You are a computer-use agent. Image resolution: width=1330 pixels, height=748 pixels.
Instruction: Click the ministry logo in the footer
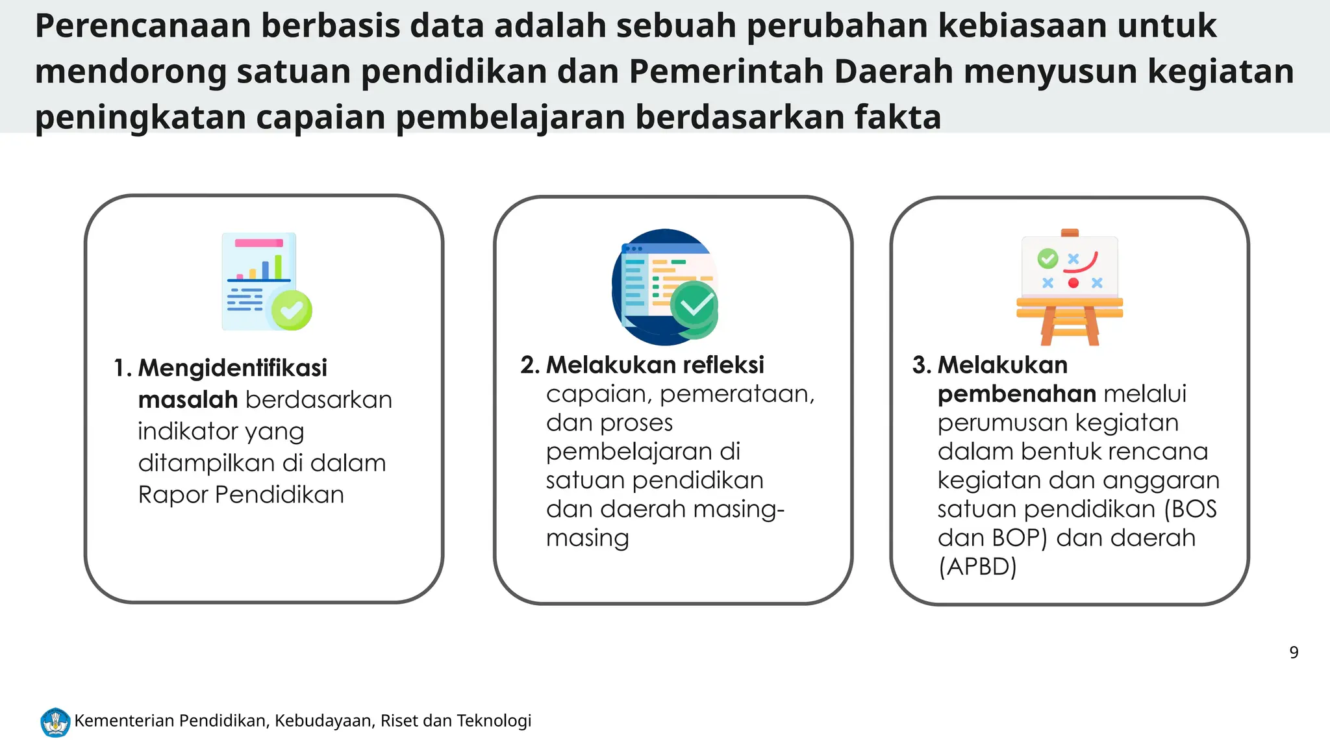pyautogui.click(x=55, y=722)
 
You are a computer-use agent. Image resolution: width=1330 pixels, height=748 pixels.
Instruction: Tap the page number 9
pyautogui.click(x=1294, y=653)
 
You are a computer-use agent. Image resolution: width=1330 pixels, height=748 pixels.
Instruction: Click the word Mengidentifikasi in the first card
pyautogui.click(x=232, y=368)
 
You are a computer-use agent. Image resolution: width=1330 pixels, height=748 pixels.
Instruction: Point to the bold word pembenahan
pyautogui.click(x=1016, y=394)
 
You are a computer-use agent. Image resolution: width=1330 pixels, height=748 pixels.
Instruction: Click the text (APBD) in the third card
pyautogui.click(x=977, y=567)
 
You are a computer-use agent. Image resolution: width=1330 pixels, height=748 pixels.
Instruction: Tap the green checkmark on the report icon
pyautogui.click(x=292, y=310)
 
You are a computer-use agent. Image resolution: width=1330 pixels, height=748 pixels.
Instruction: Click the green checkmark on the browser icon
pyautogui.click(x=694, y=305)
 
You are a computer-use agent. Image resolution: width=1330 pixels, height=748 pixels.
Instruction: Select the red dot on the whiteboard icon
pyautogui.click(x=1073, y=283)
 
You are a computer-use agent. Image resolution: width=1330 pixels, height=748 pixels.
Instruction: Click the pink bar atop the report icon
pyautogui.click(x=258, y=243)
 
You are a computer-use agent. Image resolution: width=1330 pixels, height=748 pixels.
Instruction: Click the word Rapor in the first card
pyautogui.click(x=173, y=495)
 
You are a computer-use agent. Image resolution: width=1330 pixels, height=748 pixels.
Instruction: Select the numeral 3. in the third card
pyautogui.click(x=922, y=366)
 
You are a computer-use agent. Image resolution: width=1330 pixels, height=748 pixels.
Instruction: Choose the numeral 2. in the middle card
pyautogui.click(x=530, y=366)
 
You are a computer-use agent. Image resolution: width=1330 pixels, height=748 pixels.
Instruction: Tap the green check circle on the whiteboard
pyautogui.click(x=1048, y=258)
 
